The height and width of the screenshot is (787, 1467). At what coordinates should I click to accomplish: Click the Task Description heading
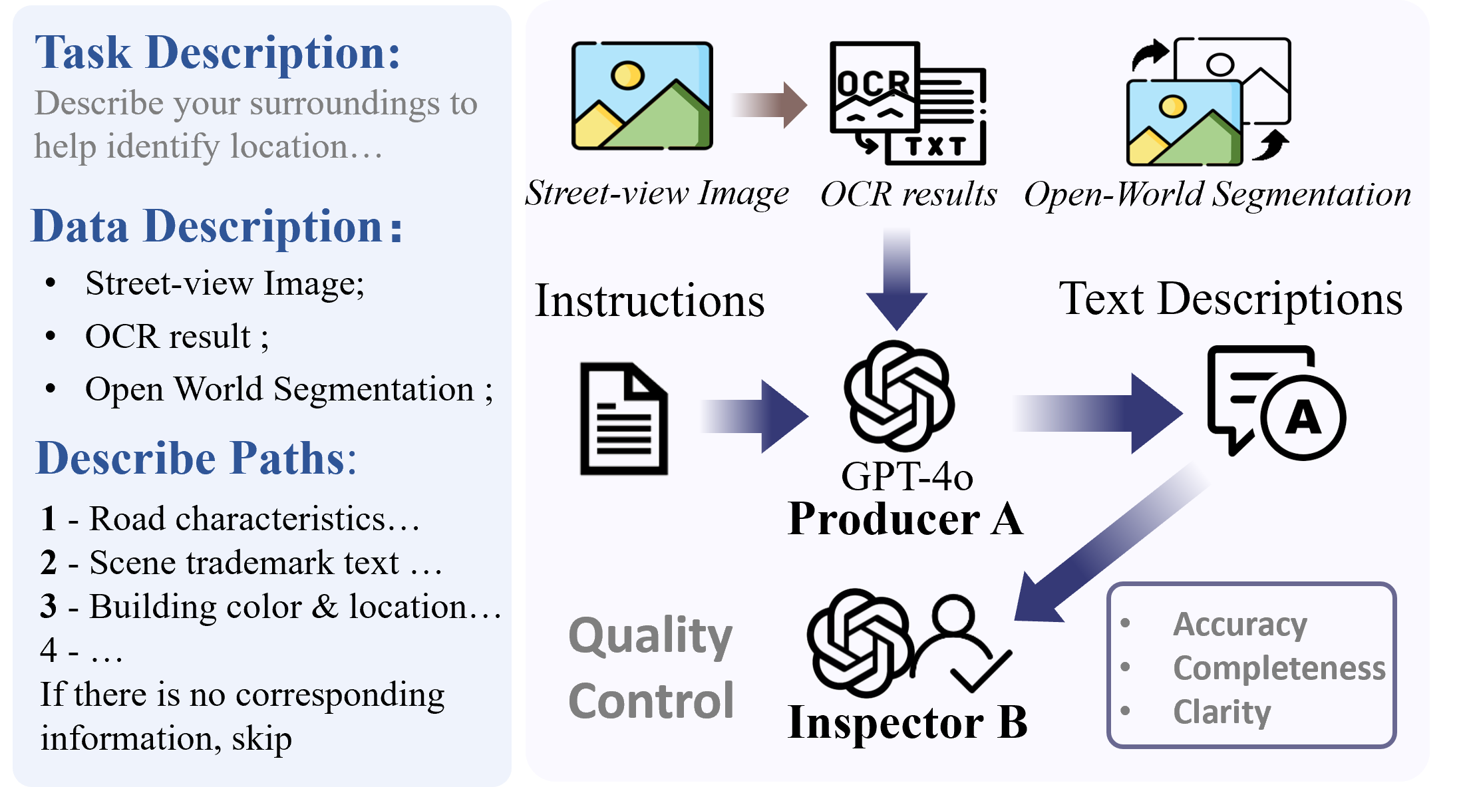coord(218,53)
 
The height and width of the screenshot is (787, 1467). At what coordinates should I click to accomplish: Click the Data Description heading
coord(217,227)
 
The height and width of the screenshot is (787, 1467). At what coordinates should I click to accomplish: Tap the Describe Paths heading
coord(196,458)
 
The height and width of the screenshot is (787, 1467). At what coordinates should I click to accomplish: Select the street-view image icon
coord(642,96)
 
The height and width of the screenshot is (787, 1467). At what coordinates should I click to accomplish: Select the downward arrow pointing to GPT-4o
coord(896,279)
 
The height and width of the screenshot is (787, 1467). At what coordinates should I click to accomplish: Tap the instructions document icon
coord(623,418)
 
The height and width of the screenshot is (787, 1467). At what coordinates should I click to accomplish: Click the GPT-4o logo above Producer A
coord(899,396)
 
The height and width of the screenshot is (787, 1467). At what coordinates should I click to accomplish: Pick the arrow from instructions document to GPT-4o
coord(754,417)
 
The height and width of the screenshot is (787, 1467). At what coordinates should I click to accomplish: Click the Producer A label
coord(905,519)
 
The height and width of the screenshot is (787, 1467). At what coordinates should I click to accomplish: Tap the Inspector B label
coord(907,722)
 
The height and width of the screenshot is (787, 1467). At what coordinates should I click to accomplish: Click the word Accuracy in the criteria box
coord(1239,624)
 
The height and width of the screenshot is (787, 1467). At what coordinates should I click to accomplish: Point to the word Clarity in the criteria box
coord(1222,712)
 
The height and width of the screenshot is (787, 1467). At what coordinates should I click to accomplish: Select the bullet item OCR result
coord(176,337)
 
